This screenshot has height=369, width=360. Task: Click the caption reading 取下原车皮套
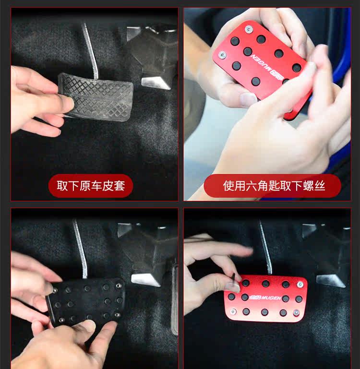tap(91, 186)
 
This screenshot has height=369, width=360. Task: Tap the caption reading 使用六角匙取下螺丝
tap(272, 186)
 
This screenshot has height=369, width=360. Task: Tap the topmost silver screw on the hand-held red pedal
tap(248, 29)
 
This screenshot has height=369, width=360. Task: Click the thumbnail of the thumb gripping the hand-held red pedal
tap(248, 99)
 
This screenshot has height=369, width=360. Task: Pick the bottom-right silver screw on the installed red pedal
tap(296, 312)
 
